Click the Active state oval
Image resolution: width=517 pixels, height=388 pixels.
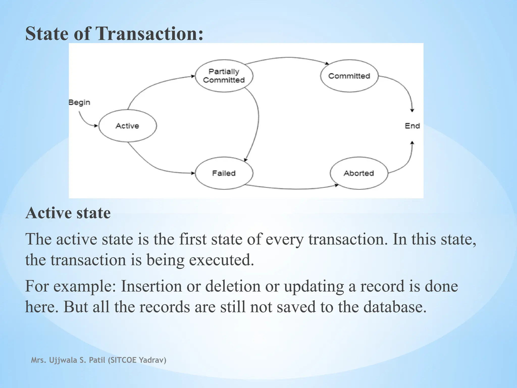click(x=127, y=126)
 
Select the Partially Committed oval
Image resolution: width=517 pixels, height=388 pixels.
click(x=224, y=76)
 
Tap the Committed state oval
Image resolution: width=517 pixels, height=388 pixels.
click(x=349, y=76)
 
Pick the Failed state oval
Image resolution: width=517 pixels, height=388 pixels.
click(x=224, y=173)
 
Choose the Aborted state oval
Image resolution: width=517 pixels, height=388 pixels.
click(x=359, y=173)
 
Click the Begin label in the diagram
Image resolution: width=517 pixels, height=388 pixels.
click(x=79, y=102)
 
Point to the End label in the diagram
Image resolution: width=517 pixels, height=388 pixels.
click(x=412, y=126)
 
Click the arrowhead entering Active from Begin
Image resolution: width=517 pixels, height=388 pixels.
click(x=96, y=126)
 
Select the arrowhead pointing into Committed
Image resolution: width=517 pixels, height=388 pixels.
click(x=327, y=63)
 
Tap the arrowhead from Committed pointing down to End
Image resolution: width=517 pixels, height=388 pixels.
click(x=412, y=110)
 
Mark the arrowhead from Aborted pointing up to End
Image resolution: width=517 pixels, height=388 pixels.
click(x=412, y=143)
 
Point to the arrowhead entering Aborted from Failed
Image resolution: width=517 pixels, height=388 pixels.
click(x=337, y=185)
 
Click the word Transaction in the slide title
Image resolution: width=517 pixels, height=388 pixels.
click(x=149, y=34)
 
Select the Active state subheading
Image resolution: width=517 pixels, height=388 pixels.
click(x=68, y=213)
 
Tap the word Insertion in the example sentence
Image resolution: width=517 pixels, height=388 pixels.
click(x=151, y=286)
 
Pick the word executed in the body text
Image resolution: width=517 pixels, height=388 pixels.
click(x=221, y=260)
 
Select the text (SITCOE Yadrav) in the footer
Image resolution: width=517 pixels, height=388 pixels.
click(x=137, y=360)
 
